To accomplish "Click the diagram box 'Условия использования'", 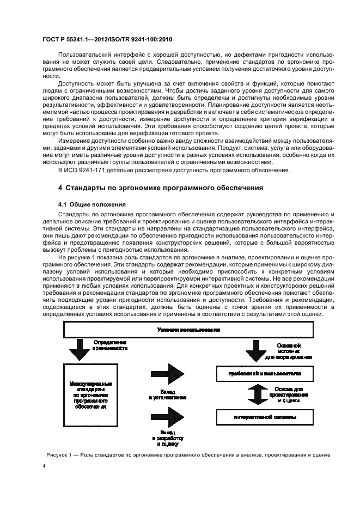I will click(188, 330).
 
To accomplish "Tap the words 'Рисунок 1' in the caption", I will click(56, 455).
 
